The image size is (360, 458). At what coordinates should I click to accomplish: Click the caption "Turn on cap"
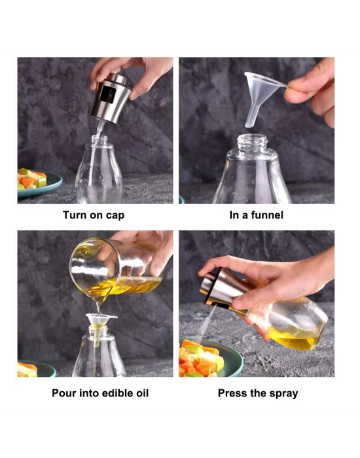[93, 215]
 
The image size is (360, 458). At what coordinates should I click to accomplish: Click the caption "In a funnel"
[257, 215]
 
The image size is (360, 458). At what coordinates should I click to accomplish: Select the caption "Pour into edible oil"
[100, 393]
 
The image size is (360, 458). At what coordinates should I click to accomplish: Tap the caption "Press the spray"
[257, 393]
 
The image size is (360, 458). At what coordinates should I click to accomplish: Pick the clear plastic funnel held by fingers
[264, 88]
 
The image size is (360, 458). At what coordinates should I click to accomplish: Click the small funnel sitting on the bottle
[101, 322]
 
